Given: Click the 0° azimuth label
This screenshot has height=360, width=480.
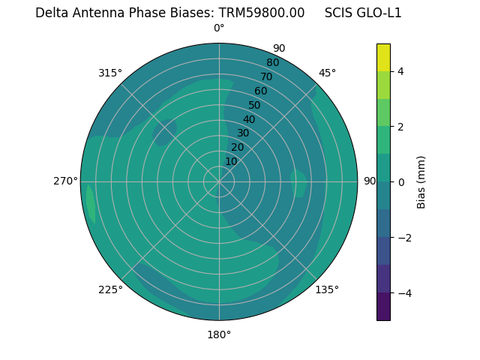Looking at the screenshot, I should [219, 28].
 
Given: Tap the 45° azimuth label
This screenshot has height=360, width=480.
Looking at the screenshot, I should [327, 73].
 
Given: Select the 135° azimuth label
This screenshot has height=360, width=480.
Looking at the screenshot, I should [327, 289].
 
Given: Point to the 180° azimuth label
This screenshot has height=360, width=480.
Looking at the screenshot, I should [219, 334].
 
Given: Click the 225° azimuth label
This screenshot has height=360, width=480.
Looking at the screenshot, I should [110, 289].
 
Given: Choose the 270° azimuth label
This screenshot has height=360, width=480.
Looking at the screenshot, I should [65, 181].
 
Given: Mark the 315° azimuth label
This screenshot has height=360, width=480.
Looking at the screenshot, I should [110, 73].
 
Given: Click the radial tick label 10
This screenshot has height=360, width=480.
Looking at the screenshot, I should [231, 161].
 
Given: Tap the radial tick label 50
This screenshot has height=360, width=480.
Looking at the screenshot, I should [255, 106].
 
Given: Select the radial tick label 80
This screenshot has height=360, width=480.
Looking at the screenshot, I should [272, 63].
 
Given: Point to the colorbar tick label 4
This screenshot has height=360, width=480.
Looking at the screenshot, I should [401, 71].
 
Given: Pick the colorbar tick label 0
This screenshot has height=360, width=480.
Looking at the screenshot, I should [401, 182].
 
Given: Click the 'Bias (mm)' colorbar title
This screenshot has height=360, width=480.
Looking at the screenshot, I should [421, 182].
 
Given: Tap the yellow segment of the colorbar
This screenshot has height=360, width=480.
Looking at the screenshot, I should [383, 57].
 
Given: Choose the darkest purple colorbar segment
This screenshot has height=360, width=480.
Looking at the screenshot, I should [383, 307].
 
